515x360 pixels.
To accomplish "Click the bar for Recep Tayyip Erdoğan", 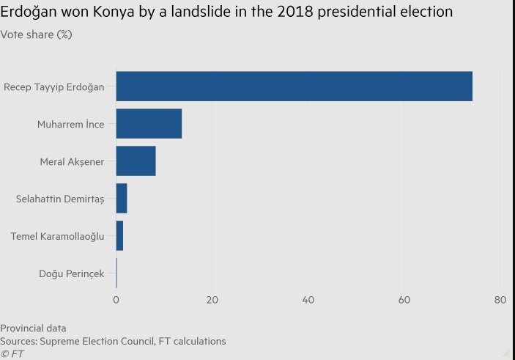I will click(x=294, y=87).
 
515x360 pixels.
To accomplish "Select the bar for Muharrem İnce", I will click(x=149, y=124).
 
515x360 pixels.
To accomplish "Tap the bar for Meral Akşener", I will click(x=136, y=161).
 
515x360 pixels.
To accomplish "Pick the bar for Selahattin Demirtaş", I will click(x=122, y=199).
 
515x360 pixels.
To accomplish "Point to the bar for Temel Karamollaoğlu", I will click(x=119, y=236).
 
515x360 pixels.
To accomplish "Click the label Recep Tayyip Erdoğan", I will click(x=54, y=87).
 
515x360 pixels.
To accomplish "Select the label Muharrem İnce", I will click(x=71, y=125).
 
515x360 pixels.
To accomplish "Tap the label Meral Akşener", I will click(x=72, y=162).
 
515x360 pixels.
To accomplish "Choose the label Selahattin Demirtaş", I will click(x=60, y=199).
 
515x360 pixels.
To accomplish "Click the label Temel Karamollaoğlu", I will click(x=57, y=236).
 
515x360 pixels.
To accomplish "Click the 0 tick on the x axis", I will click(x=116, y=300).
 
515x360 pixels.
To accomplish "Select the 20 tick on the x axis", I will click(x=212, y=300).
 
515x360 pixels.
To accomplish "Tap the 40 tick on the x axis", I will click(x=308, y=300).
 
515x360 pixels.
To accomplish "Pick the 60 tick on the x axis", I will click(x=404, y=300).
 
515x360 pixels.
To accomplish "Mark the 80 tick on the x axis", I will click(x=500, y=300).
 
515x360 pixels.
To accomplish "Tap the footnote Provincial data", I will click(x=33, y=328).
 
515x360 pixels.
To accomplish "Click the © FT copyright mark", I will click(x=12, y=353).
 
